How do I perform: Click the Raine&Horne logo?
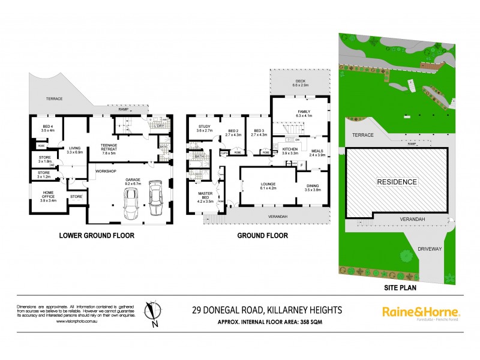(421, 312)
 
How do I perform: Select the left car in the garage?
(131, 203)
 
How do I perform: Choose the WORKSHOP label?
(105, 172)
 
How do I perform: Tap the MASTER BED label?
(206, 196)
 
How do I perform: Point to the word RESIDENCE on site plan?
(397, 181)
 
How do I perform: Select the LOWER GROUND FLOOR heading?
(97, 235)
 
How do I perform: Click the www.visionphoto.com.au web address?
(76, 321)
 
